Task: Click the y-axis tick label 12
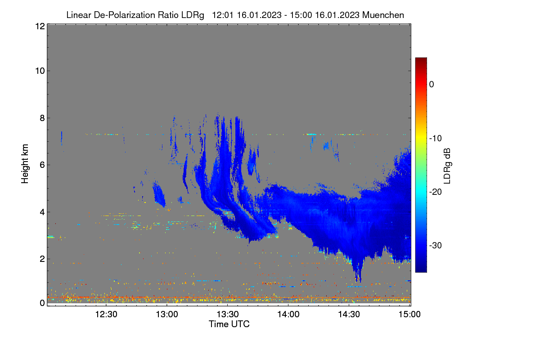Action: pyautogui.click(x=40, y=26)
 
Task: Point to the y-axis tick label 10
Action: pyautogui.click(x=40, y=71)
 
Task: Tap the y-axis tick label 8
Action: pyautogui.click(x=42, y=118)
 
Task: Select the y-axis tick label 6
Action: pyautogui.click(x=42, y=165)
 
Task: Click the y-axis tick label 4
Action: pyautogui.click(x=42, y=212)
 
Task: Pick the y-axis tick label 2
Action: pyautogui.click(x=42, y=259)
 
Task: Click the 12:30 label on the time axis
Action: pyautogui.click(x=106, y=315)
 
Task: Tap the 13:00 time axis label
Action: pyautogui.click(x=167, y=315)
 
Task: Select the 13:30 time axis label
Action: pyautogui.click(x=228, y=315)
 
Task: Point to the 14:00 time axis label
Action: pyautogui.click(x=288, y=315)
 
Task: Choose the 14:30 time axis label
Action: pyautogui.click(x=349, y=315)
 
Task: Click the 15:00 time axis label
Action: pyautogui.click(x=409, y=315)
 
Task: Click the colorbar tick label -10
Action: pyautogui.click(x=436, y=139)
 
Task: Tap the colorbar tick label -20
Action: pyautogui.click(x=436, y=192)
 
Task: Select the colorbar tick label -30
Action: pyautogui.click(x=436, y=245)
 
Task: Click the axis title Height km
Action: pyautogui.click(x=25, y=164)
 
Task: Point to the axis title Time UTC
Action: pyautogui.click(x=229, y=324)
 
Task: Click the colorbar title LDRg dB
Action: pyautogui.click(x=447, y=166)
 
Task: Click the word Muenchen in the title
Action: pyautogui.click(x=383, y=15)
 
